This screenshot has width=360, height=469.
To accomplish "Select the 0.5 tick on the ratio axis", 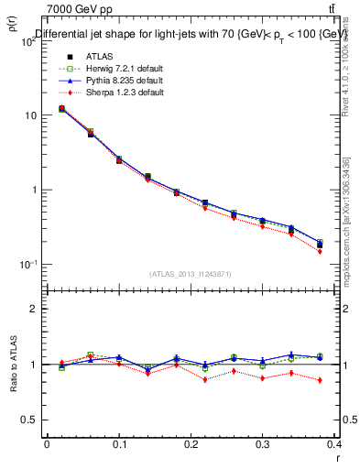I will point(33,420).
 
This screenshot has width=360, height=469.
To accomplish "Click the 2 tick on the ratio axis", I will point(37,309).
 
